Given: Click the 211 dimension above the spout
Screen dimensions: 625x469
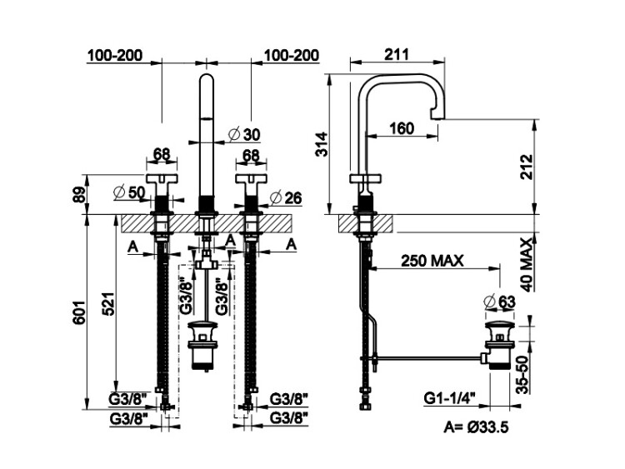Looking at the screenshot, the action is [x=397, y=54].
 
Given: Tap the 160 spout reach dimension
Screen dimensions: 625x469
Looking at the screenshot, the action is [x=402, y=128].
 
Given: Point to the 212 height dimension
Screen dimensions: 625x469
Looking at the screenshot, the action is [x=526, y=167].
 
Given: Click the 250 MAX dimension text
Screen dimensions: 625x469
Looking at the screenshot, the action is [x=432, y=261].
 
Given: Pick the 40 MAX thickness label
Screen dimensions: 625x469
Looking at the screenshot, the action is [x=527, y=265].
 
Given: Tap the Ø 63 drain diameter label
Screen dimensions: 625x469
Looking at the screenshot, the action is [x=499, y=302].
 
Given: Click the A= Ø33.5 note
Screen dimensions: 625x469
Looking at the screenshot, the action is [x=476, y=427].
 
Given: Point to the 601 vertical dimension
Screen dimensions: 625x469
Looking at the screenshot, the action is [x=79, y=312].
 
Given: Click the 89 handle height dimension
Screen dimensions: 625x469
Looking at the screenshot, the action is [x=80, y=195].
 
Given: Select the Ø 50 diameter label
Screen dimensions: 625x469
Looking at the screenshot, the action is [x=129, y=192].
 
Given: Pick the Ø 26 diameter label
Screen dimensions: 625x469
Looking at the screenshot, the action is [x=286, y=197].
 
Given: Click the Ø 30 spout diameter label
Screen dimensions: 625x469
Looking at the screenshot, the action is [x=244, y=134].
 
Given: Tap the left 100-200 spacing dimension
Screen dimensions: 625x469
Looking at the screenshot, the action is [x=115, y=55].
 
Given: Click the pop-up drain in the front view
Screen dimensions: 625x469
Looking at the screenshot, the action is [x=202, y=345].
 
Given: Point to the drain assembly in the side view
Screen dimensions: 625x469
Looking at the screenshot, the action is [x=498, y=344].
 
